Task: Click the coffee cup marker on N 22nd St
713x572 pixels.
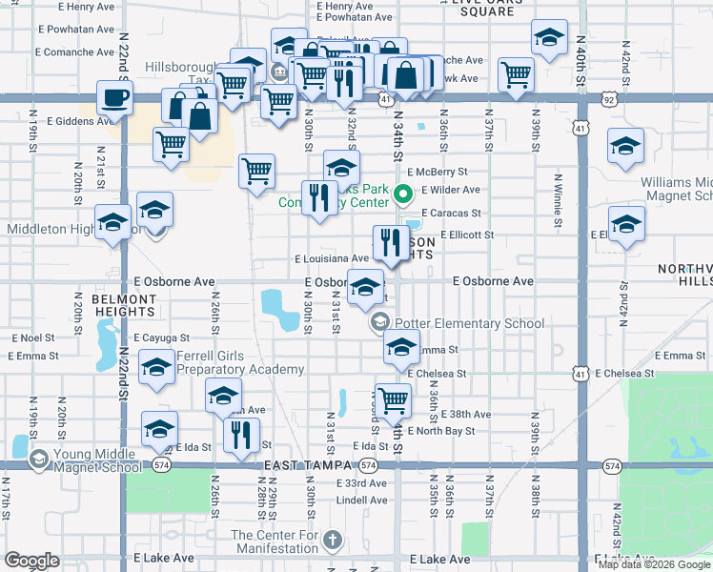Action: click(x=114, y=98)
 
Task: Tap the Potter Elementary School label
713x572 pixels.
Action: click(x=470, y=323)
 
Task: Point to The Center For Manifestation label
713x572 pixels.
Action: click(x=274, y=541)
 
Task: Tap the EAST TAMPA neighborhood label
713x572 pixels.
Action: click(x=302, y=464)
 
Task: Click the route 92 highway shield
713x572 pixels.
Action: click(x=608, y=97)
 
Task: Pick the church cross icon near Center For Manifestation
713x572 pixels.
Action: click(x=333, y=541)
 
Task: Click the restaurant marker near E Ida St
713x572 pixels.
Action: click(x=241, y=434)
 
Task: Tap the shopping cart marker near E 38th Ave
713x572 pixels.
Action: click(x=392, y=401)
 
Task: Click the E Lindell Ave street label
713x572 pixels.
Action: click(x=361, y=500)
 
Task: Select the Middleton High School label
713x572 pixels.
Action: click(x=57, y=229)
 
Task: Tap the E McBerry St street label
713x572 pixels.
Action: click(x=436, y=172)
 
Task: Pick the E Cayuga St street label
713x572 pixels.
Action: click(x=162, y=337)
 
